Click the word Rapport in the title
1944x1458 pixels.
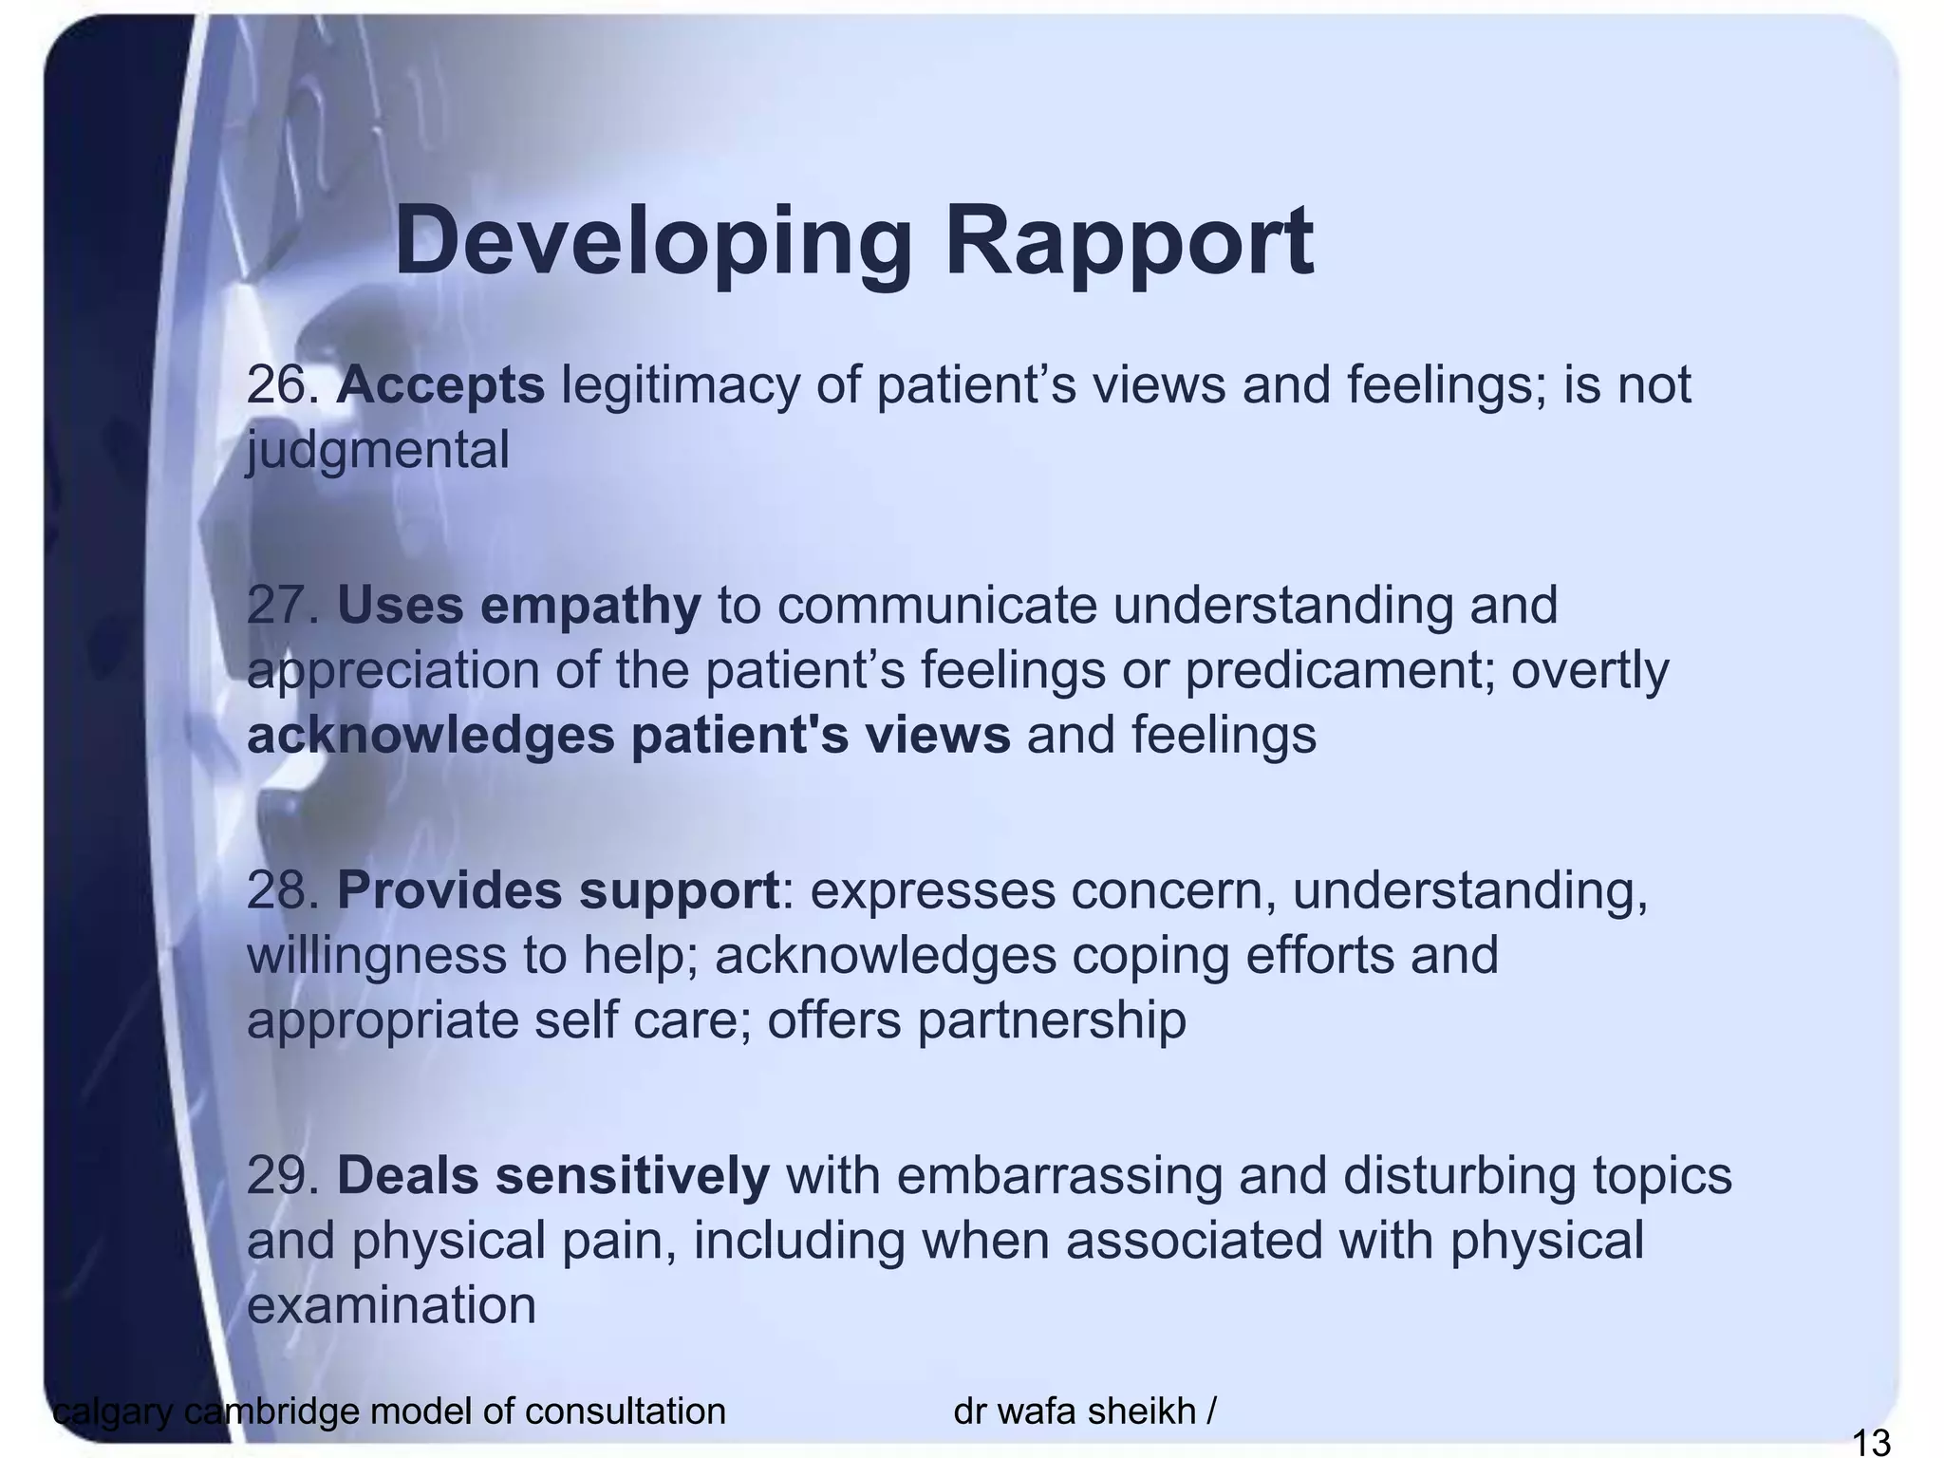pyautogui.click(x=1129, y=242)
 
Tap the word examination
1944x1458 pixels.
pyautogui.click(x=391, y=1305)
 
